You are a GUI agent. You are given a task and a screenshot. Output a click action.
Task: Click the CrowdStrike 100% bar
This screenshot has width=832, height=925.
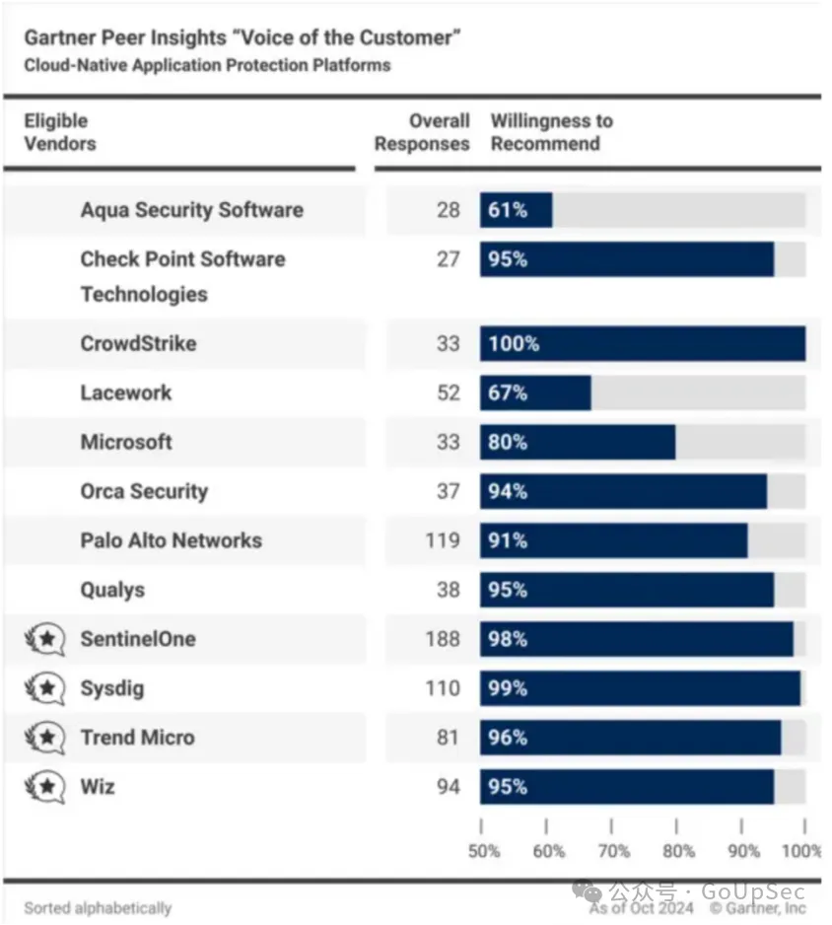pyautogui.click(x=643, y=343)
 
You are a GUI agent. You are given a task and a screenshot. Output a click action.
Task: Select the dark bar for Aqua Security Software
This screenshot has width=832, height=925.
pyautogui.click(x=517, y=210)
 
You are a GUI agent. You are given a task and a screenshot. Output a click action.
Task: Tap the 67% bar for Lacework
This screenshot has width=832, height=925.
pyautogui.click(x=535, y=392)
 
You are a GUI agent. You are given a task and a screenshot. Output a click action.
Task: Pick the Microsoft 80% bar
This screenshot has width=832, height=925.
pyautogui.click(x=578, y=442)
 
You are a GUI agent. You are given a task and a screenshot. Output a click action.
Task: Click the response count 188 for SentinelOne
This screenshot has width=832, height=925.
pyautogui.click(x=442, y=639)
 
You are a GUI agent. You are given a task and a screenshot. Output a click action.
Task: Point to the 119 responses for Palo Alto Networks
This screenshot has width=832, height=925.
pyautogui.click(x=442, y=540)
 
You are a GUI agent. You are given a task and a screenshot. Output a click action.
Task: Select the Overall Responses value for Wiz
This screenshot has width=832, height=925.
pyautogui.click(x=449, y=787)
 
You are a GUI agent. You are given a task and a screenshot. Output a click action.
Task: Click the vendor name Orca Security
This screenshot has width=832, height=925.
pyautogui.click(x=144, y=491)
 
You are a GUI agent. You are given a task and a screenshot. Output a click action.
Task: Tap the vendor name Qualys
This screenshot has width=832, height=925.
pyautogui.click(x=112, y=590)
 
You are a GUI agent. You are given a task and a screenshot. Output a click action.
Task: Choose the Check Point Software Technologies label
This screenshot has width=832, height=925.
pyautogui.click(x=182, y=276)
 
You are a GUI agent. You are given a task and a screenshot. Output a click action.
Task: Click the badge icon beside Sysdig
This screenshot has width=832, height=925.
pyautogui.click(x=44, y=688)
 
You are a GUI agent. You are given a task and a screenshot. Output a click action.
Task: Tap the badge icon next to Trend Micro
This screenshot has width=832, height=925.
pyautogui.click(x=44, y=738)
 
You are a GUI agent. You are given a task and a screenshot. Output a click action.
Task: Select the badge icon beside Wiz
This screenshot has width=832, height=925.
pyautogui.click(x=44, y=787)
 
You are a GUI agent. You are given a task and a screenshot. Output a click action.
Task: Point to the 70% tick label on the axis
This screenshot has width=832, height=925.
pyautogui.click(x=613, y=851)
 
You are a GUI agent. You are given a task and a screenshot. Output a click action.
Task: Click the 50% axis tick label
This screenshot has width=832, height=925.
pyautogui.click(x=483, y=851)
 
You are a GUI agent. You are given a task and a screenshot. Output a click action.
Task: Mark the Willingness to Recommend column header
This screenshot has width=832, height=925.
pyautogui.click(x=551, y=132)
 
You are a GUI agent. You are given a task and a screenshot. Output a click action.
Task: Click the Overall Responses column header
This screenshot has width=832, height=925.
pyautogui.click(x=422, y=132)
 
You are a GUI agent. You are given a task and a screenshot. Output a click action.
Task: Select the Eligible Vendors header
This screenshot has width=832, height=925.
pyautogui.click(x=60, y=132)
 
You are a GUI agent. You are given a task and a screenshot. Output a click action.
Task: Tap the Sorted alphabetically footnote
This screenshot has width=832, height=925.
pyautogui.click(x=98, y=908)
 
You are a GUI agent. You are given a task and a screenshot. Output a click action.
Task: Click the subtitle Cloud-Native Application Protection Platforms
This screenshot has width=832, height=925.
pyautogui.click(x=207, y=65)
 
